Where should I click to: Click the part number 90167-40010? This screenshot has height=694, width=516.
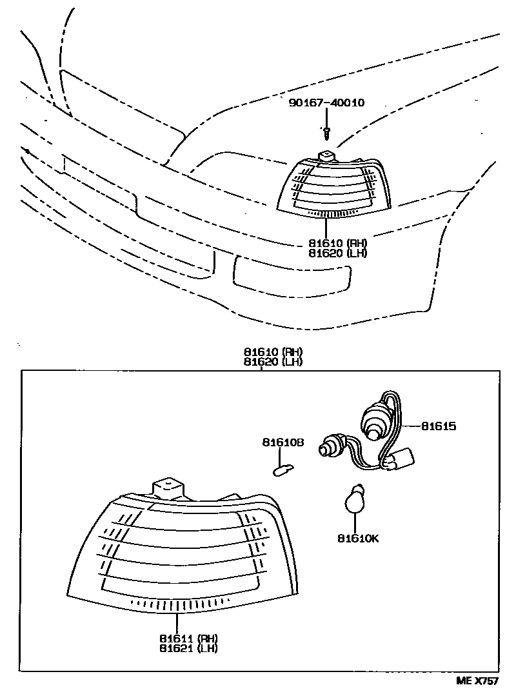(x=326, y=103)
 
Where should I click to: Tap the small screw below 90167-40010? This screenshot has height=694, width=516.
(x=327, y=133)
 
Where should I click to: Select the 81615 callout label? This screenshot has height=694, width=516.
(x=439, y=426)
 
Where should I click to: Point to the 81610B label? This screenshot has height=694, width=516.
(x=283, y=442)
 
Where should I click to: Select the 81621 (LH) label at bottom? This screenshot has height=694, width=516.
(x=190, y=648)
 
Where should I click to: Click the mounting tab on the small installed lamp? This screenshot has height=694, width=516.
(x=328, y=157)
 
